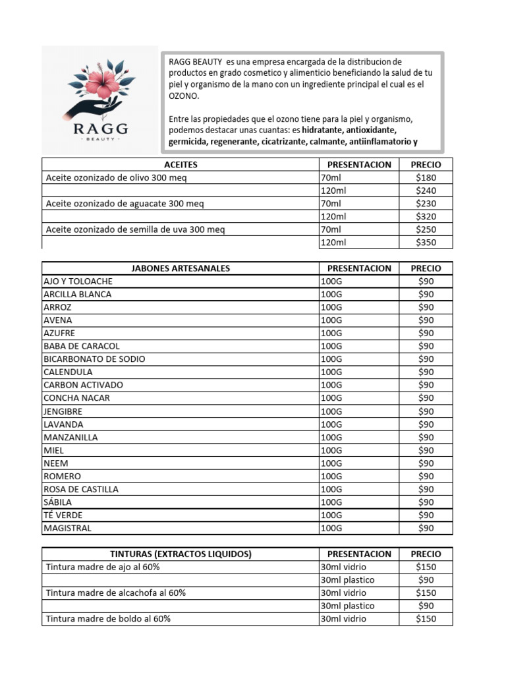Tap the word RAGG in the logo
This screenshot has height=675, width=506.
click(100, 127)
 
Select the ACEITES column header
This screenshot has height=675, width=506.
click(181, 165)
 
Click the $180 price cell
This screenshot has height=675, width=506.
click(426, 178)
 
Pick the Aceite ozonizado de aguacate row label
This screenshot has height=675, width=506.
click(125, 204)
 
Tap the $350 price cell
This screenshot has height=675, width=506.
click(426, 243)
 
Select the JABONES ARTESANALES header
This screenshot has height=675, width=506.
click(181, 268)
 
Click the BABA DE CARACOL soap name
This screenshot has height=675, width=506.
click(82, 346)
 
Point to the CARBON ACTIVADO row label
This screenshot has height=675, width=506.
click(83, 385)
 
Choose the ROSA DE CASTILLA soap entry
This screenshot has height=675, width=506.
click(81, 489)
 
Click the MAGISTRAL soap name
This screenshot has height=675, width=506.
click(68, 528)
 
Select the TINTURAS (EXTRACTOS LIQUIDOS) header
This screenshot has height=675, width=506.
click(181, 554)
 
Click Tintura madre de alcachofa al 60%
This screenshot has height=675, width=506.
click(116, 593)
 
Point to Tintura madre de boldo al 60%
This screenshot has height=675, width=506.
click(108, 619)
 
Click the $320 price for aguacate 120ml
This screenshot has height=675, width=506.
click(426, 217)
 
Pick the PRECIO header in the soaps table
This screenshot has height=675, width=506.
click(426, 268)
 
